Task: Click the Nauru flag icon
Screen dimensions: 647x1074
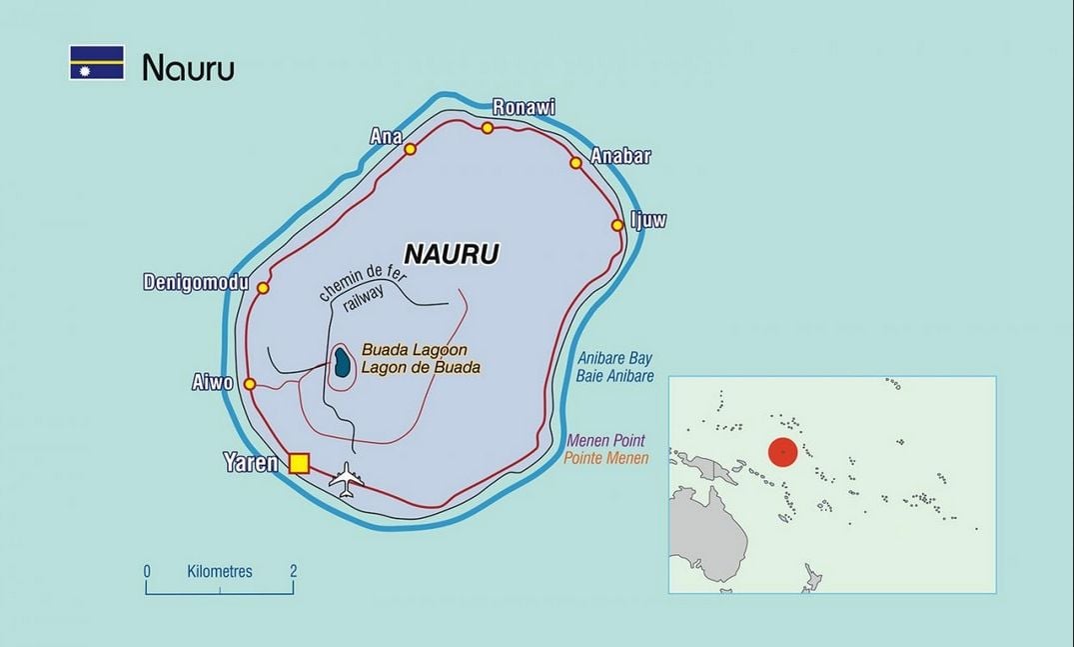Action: click(97, 63)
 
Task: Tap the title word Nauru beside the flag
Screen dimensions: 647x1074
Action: click(188, 67)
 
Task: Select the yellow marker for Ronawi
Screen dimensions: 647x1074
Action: click(488, 128)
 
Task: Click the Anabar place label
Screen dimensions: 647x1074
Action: click(620, 156)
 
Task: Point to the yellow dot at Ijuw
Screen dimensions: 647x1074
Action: click(617, 225)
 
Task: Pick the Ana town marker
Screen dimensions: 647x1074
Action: click(410, 149)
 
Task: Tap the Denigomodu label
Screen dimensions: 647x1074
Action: click(195, 283)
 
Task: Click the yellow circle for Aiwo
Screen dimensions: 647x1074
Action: click(250, 384)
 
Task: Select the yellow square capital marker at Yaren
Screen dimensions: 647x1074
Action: click(299, 463)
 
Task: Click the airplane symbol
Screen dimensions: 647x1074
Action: click(347, 480)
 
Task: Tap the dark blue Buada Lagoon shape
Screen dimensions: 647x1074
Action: click(343, 362)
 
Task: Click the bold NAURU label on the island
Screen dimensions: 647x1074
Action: click(451, 254)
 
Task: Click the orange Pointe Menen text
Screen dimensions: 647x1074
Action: click(606, 458)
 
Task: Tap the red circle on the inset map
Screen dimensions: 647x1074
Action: click(783, 452)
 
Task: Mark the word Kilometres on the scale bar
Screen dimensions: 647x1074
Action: click(220, 572)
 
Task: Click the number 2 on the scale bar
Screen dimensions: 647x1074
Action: click(293, 572)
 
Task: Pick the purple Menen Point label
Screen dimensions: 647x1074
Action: click(605, 440)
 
